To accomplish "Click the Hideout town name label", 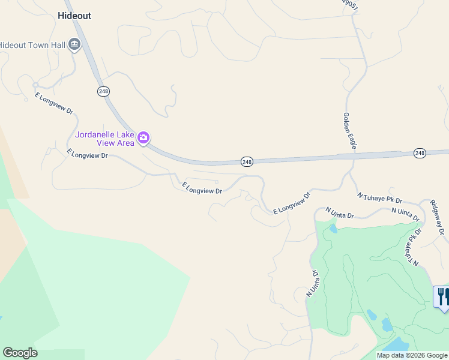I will pos(75,16).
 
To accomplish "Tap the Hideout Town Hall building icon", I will pos(74,44).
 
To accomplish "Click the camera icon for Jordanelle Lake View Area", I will pos(143,138).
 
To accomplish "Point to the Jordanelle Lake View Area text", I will pos(106,138).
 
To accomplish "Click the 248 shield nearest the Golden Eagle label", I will pos(420,154).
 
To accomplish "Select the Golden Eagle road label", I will pos(351,130).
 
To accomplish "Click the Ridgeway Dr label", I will pos(438,217).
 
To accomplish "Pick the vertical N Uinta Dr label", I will pos(312,283).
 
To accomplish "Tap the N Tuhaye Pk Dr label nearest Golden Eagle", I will pos(379,197).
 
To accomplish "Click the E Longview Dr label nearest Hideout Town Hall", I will pos(54,103).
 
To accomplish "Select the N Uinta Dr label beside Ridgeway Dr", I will pos(405,212).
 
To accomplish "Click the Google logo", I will pos(20,353).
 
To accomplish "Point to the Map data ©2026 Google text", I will pos(412,356).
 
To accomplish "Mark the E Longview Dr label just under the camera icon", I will pos(88,154).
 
